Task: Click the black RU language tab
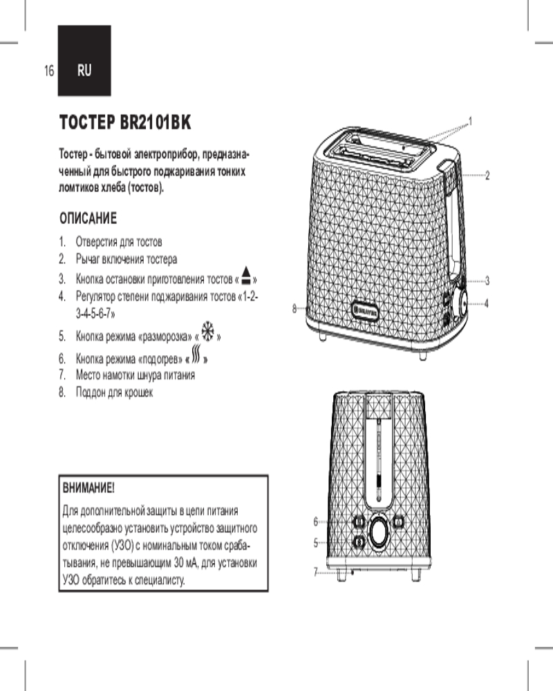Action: click(x=84, y=69)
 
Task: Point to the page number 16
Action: click(x=48, y=70)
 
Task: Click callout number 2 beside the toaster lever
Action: click(x=487, y=176)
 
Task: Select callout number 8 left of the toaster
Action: click(x=294, y=309)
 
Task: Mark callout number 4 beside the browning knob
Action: click(x=487, y=303)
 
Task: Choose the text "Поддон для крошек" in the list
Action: click(x=114, y=392)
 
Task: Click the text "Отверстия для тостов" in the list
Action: click(x=119, y=243)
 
